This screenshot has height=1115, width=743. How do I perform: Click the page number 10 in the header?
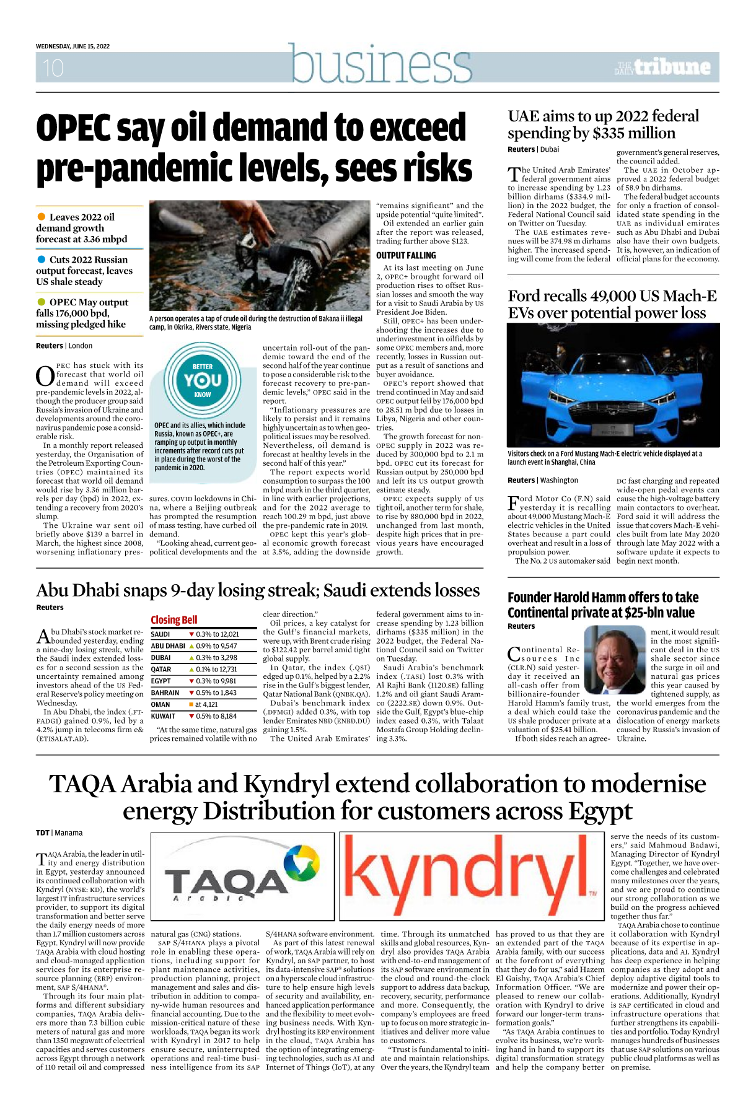coord(53,68)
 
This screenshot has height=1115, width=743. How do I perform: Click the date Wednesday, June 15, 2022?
coord(73,46)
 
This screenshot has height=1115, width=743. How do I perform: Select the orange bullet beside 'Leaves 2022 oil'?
coord(42,217)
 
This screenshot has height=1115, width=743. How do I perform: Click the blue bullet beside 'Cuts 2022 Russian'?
coord(42,260)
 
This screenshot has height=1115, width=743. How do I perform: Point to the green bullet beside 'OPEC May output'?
coord(42,302)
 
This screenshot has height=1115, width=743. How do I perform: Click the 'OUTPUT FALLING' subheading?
coord(406,255)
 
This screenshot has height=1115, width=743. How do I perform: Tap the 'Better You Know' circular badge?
coord(203,380)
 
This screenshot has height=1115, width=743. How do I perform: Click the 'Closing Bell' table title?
coord(174,620)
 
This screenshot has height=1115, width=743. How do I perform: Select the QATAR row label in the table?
coord(161,670)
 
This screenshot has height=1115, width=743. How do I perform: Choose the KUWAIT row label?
coord(163,716)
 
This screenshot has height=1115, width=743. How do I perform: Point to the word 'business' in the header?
coord(381,64)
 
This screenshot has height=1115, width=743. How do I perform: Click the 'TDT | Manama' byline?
coord(59,833)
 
